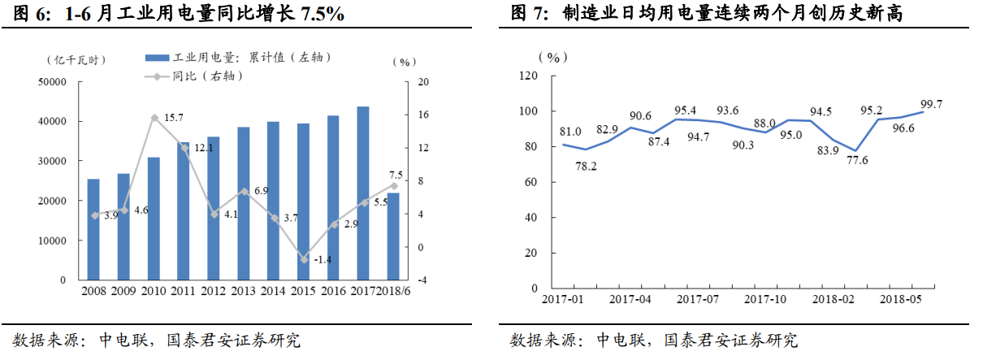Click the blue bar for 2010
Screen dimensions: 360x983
[x=154, y=219]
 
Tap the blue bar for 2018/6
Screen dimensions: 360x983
[x=393, y=236]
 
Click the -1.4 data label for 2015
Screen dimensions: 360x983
[x=323, y=259]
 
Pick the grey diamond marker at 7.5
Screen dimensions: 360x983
[x=393, y=186]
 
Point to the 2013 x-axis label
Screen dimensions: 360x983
[x=243, y=291]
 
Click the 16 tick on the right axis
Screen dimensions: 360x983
[x=422, y=115]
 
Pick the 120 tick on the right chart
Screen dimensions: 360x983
[x=528, y=76]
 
